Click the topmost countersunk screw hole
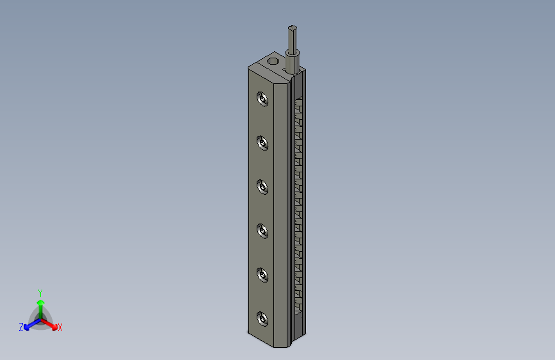click(x=262, y=99)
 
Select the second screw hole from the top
click(x=262, y=142)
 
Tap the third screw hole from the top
click(x=262, y=186)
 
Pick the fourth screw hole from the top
click(x=262, y=230)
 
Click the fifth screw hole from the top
click(x=262, y=274)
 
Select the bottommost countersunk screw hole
click(x=262, y=318)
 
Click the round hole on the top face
click(x=273, y=62)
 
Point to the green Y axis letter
click(x=40, y=292)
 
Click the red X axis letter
click(x=60, y=328)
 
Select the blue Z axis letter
click(x=20, y=327)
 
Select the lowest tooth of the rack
click(x=298, y=311)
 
